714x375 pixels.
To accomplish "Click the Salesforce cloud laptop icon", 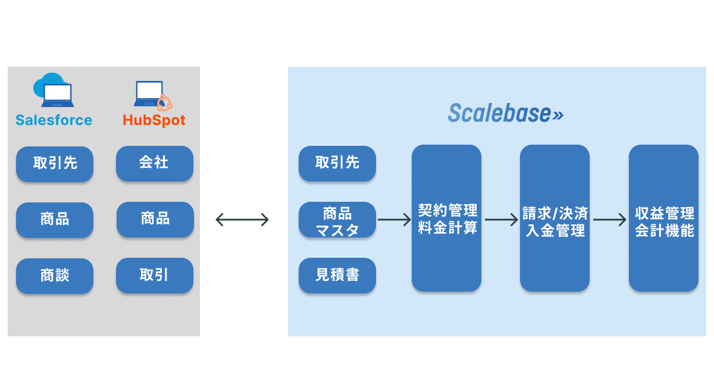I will point(54,91).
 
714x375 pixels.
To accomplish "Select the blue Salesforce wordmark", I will point(54,120).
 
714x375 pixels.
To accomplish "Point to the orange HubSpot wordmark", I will point(154,120).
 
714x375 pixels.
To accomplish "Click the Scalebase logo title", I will point(505,113).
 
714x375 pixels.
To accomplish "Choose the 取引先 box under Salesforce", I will point(55,164).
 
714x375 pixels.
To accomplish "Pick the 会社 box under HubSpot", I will point(155,163).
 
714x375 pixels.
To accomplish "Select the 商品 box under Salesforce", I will point(55,220).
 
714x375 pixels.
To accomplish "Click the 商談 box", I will point(55,276).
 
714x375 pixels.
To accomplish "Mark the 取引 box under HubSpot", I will point(155,275).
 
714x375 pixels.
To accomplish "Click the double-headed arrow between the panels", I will point(242,220).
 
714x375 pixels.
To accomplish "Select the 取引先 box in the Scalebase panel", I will point(337,163).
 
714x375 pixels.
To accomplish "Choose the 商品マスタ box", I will point(337,220).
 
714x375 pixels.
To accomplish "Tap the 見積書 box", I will point(337,275).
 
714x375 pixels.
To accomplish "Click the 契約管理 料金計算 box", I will point(446,218).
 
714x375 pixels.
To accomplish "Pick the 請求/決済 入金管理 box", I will point(555,218).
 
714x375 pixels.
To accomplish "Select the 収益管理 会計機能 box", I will point(663,218).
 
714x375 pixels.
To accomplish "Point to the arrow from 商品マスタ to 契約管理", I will point(394,220).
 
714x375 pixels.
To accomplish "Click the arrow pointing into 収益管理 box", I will point(610,220).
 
